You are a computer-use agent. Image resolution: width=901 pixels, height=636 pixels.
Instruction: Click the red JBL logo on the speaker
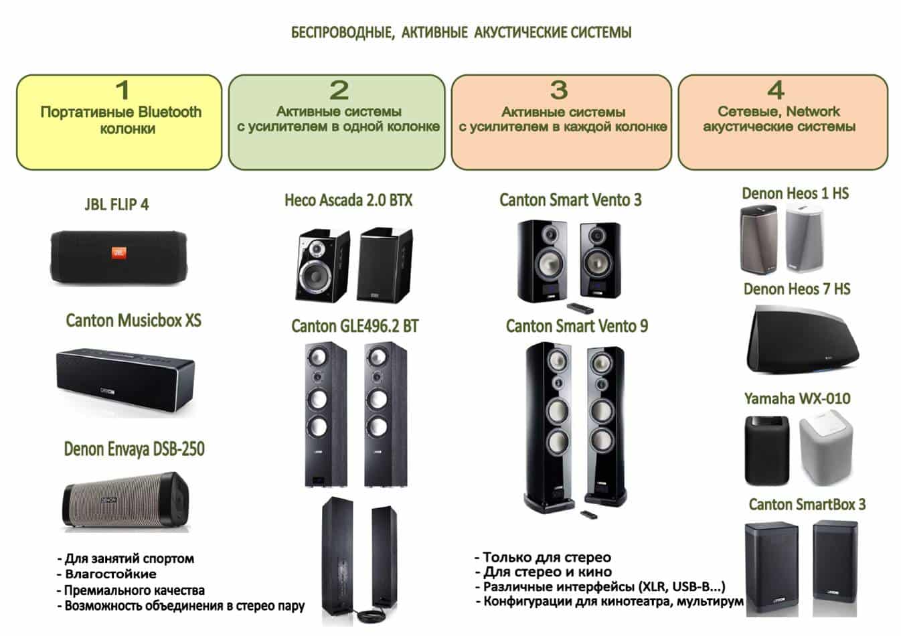pos(118,253)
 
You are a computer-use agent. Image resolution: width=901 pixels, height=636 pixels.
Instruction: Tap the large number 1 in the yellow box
pos(122,90)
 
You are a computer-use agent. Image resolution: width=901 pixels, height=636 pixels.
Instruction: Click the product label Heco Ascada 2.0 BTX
pos(348,200)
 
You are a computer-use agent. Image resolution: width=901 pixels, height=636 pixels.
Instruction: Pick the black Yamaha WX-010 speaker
pos(767,450)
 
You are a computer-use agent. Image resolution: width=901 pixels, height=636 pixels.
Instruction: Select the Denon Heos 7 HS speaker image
pos(801,339)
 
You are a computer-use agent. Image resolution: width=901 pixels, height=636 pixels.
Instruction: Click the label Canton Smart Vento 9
pos(576,327)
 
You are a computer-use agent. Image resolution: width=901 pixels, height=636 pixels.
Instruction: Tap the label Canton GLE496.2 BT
pos(355,327)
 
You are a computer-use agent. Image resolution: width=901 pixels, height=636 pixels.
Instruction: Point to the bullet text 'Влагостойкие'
pos(110,574)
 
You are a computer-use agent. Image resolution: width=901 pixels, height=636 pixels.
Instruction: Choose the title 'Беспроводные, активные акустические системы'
pos(461,32)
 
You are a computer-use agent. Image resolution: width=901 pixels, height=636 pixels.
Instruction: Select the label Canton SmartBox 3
pos(807,505)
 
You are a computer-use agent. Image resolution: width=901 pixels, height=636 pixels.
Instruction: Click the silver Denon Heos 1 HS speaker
pos(805,239)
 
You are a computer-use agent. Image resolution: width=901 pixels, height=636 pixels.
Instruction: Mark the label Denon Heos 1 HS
pos(795,193)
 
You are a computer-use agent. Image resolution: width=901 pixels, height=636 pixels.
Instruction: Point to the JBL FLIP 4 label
pos(116,205)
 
